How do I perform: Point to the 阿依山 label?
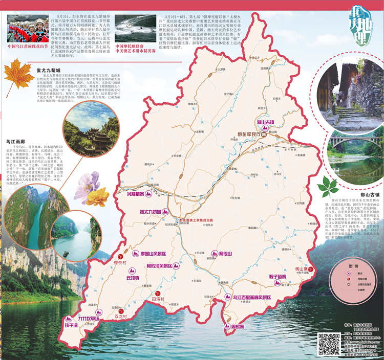[226, 254]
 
